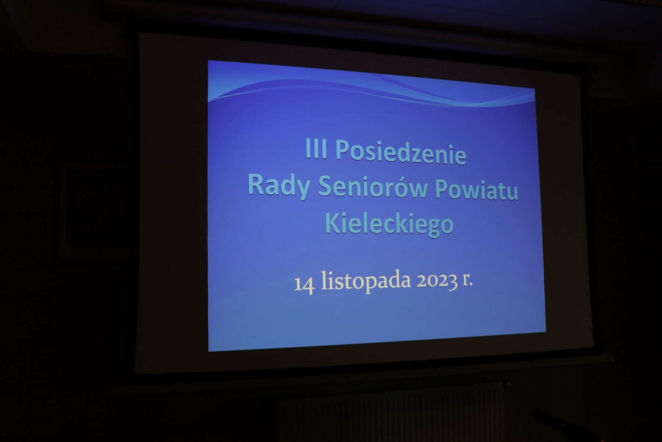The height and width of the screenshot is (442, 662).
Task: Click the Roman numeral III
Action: click(x=316, y=150)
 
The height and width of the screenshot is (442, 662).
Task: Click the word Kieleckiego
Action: click(x=390, y=224)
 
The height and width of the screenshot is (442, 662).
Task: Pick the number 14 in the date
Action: click(x=304, y=286)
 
